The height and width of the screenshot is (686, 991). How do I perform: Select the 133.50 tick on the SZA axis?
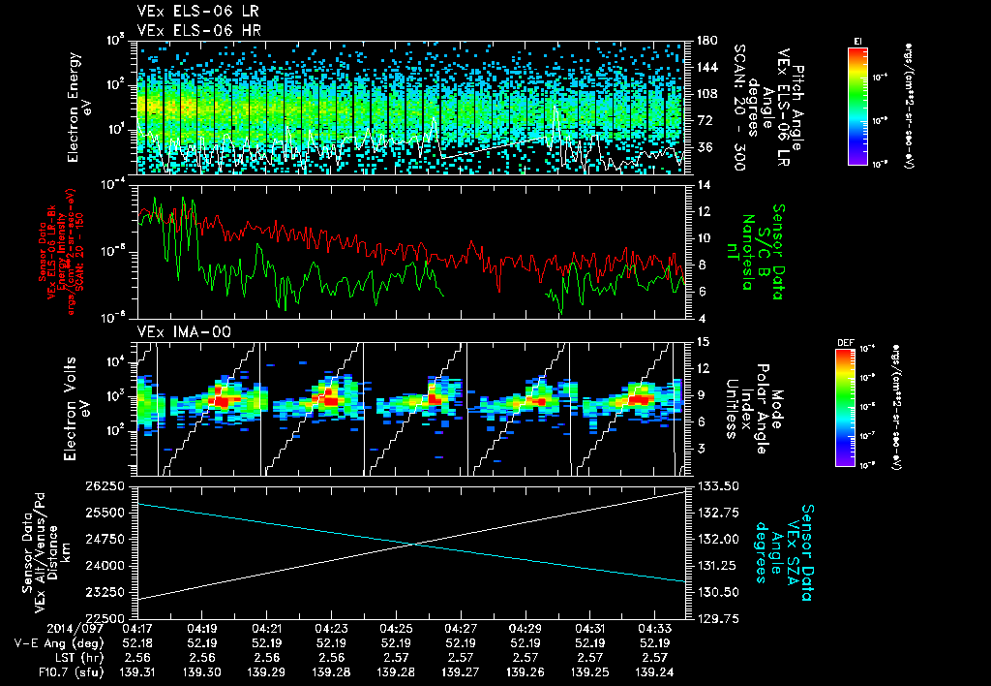(714, 484)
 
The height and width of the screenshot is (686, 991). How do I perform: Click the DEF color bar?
(845, 407)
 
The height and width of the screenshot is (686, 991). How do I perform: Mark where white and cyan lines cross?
(414, 544)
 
